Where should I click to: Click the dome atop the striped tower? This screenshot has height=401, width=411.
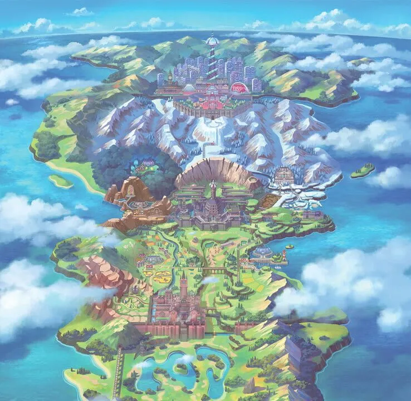212,40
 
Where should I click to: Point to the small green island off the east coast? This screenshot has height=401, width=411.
362,170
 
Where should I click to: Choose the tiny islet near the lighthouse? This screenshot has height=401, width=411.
289,246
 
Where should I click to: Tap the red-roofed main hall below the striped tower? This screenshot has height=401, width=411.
212,89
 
